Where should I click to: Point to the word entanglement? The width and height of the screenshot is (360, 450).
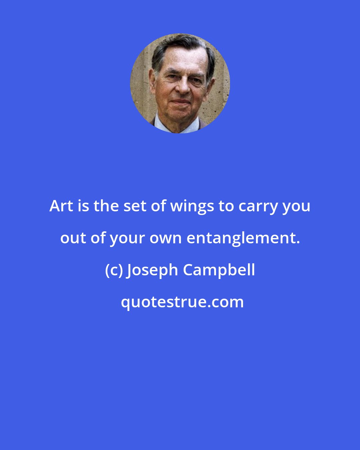click(x=242, y=238)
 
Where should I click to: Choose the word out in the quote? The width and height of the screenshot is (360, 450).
click(x=73, y=238)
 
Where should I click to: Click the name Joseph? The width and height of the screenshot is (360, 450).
click(x=152, y=270)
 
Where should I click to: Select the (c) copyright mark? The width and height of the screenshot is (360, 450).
click(x=114, y=270)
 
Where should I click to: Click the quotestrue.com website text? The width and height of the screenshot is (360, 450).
click(x=182, y=302)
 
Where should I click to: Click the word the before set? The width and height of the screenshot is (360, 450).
click(x=106, y=206)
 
